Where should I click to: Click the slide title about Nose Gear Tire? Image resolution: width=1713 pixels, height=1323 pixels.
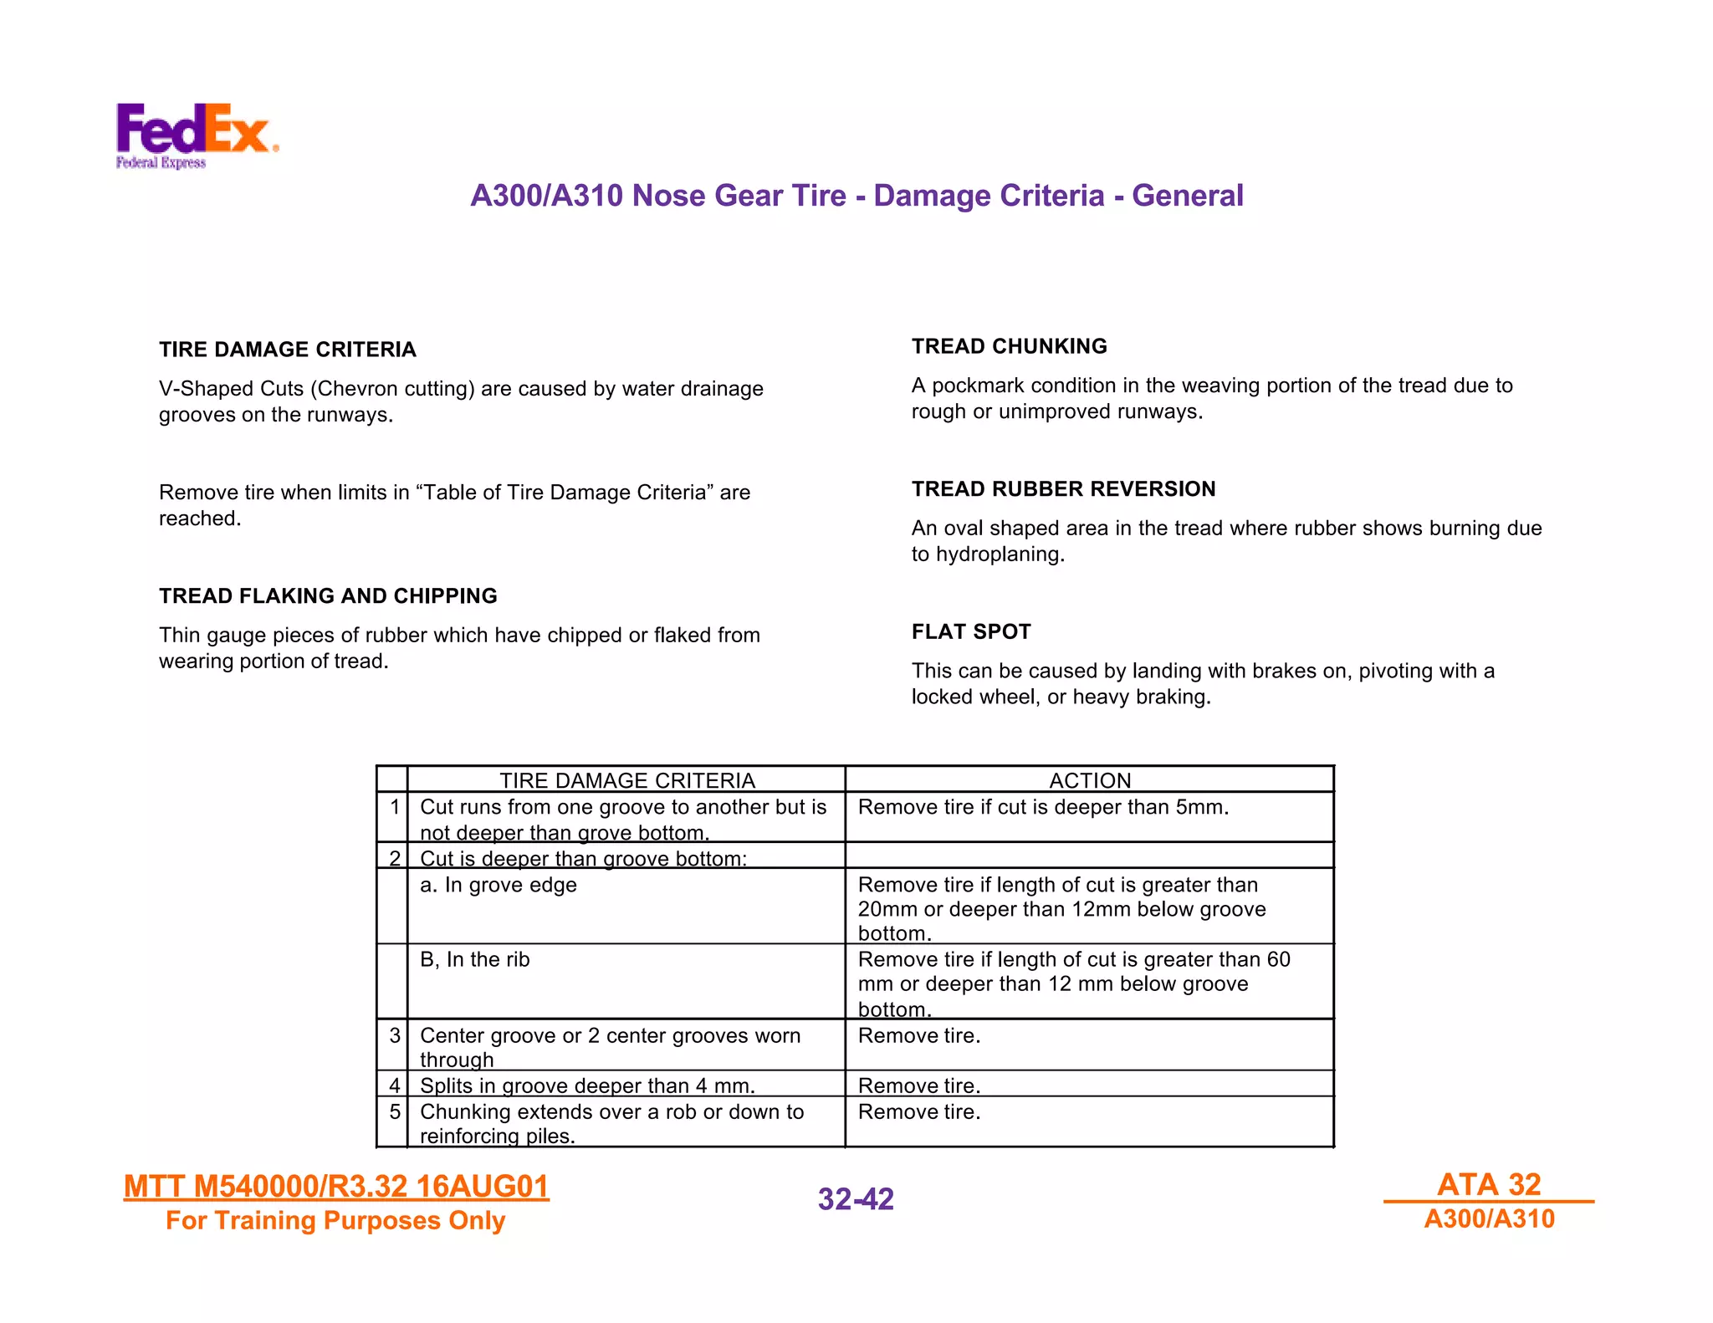(856, 196)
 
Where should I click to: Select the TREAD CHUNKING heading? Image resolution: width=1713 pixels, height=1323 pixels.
(1009, 346)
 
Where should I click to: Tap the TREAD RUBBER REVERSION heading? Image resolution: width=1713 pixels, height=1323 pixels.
(1063, 489)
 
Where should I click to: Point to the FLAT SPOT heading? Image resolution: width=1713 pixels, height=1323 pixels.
(971, 631)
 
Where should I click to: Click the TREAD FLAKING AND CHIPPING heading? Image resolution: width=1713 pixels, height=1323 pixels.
(328, 596)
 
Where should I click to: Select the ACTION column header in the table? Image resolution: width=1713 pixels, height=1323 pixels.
(1089, 780)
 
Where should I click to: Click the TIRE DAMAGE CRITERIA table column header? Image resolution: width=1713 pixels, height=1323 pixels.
(626, 780)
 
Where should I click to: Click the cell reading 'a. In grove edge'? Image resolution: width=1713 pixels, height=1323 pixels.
(499, 885)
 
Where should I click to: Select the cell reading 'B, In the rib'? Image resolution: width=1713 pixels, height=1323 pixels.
(475, 959)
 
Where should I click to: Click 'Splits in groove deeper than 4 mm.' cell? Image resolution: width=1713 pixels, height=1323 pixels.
(587, 1085)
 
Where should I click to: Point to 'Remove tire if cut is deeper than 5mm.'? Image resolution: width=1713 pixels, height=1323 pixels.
(1043, 807)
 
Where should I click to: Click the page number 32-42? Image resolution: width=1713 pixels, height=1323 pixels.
(856, 1199)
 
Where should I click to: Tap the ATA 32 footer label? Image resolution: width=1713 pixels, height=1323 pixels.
(1489, 1184)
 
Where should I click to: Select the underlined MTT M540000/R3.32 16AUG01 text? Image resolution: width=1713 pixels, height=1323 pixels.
(336, 1187)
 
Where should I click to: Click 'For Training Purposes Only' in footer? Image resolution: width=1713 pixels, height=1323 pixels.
(335, 1221)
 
